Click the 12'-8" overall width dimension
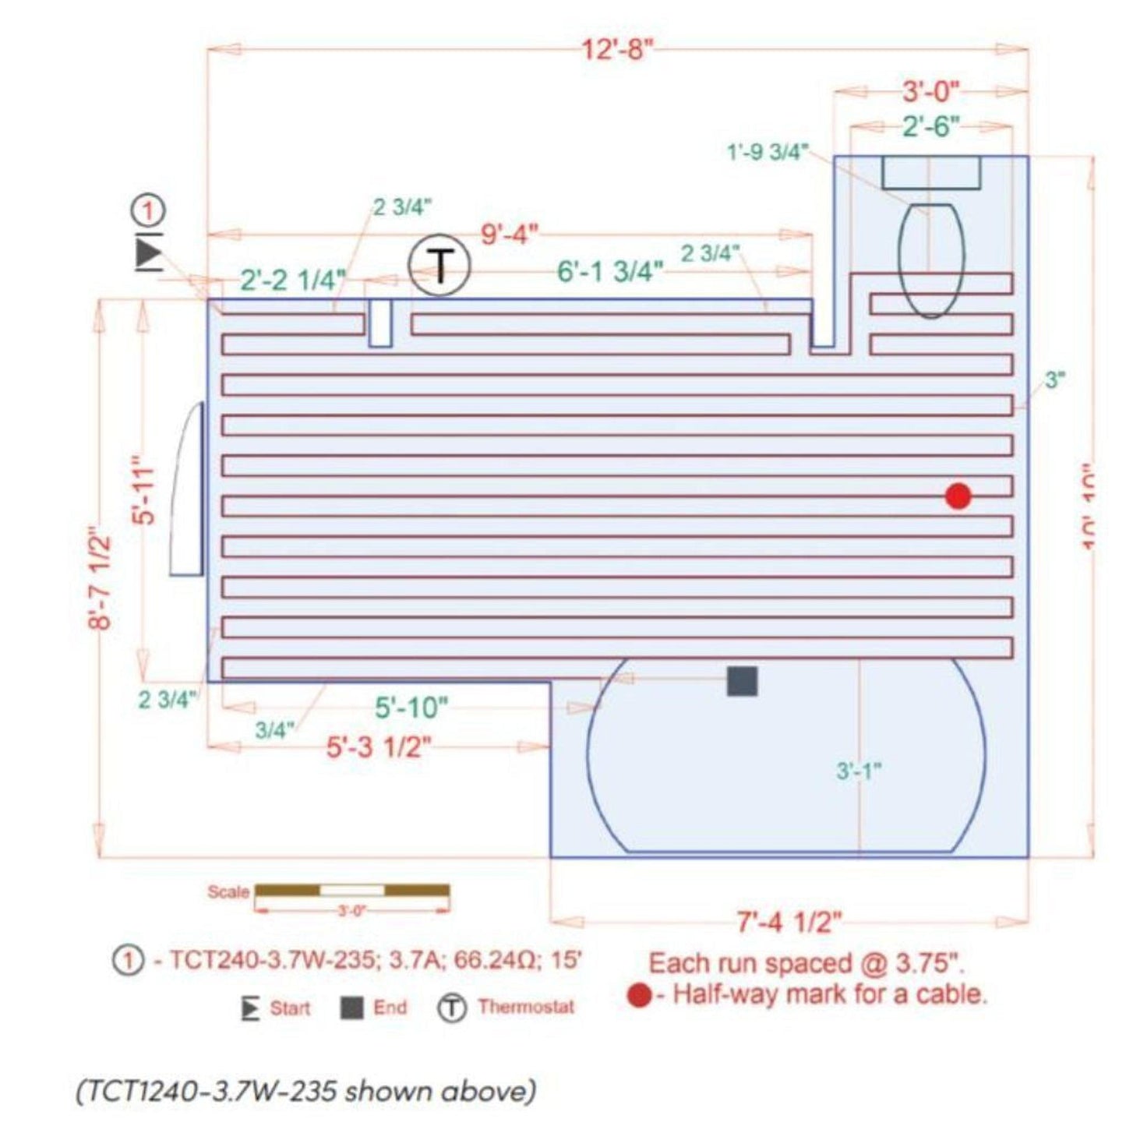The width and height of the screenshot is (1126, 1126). (616, 51)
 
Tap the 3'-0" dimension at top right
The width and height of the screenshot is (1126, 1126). (931, 92)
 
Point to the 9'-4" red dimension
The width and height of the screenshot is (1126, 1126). (509, 234)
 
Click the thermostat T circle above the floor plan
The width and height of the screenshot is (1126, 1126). (440, 266)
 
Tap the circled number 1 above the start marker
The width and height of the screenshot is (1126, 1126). (148, 210)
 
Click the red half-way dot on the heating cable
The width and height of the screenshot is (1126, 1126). (958, 496)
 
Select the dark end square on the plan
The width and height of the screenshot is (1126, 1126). (742, 681)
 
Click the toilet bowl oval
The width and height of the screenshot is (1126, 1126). (931, 260)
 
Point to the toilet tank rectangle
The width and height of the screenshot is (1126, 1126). (931, 172)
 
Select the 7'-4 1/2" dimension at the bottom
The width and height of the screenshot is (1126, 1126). (789, 923)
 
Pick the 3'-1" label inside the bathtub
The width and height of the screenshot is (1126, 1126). (858, 771)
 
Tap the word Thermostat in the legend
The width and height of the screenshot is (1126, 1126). (526, 1007)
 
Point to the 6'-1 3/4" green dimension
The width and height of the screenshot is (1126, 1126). (610, 272)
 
